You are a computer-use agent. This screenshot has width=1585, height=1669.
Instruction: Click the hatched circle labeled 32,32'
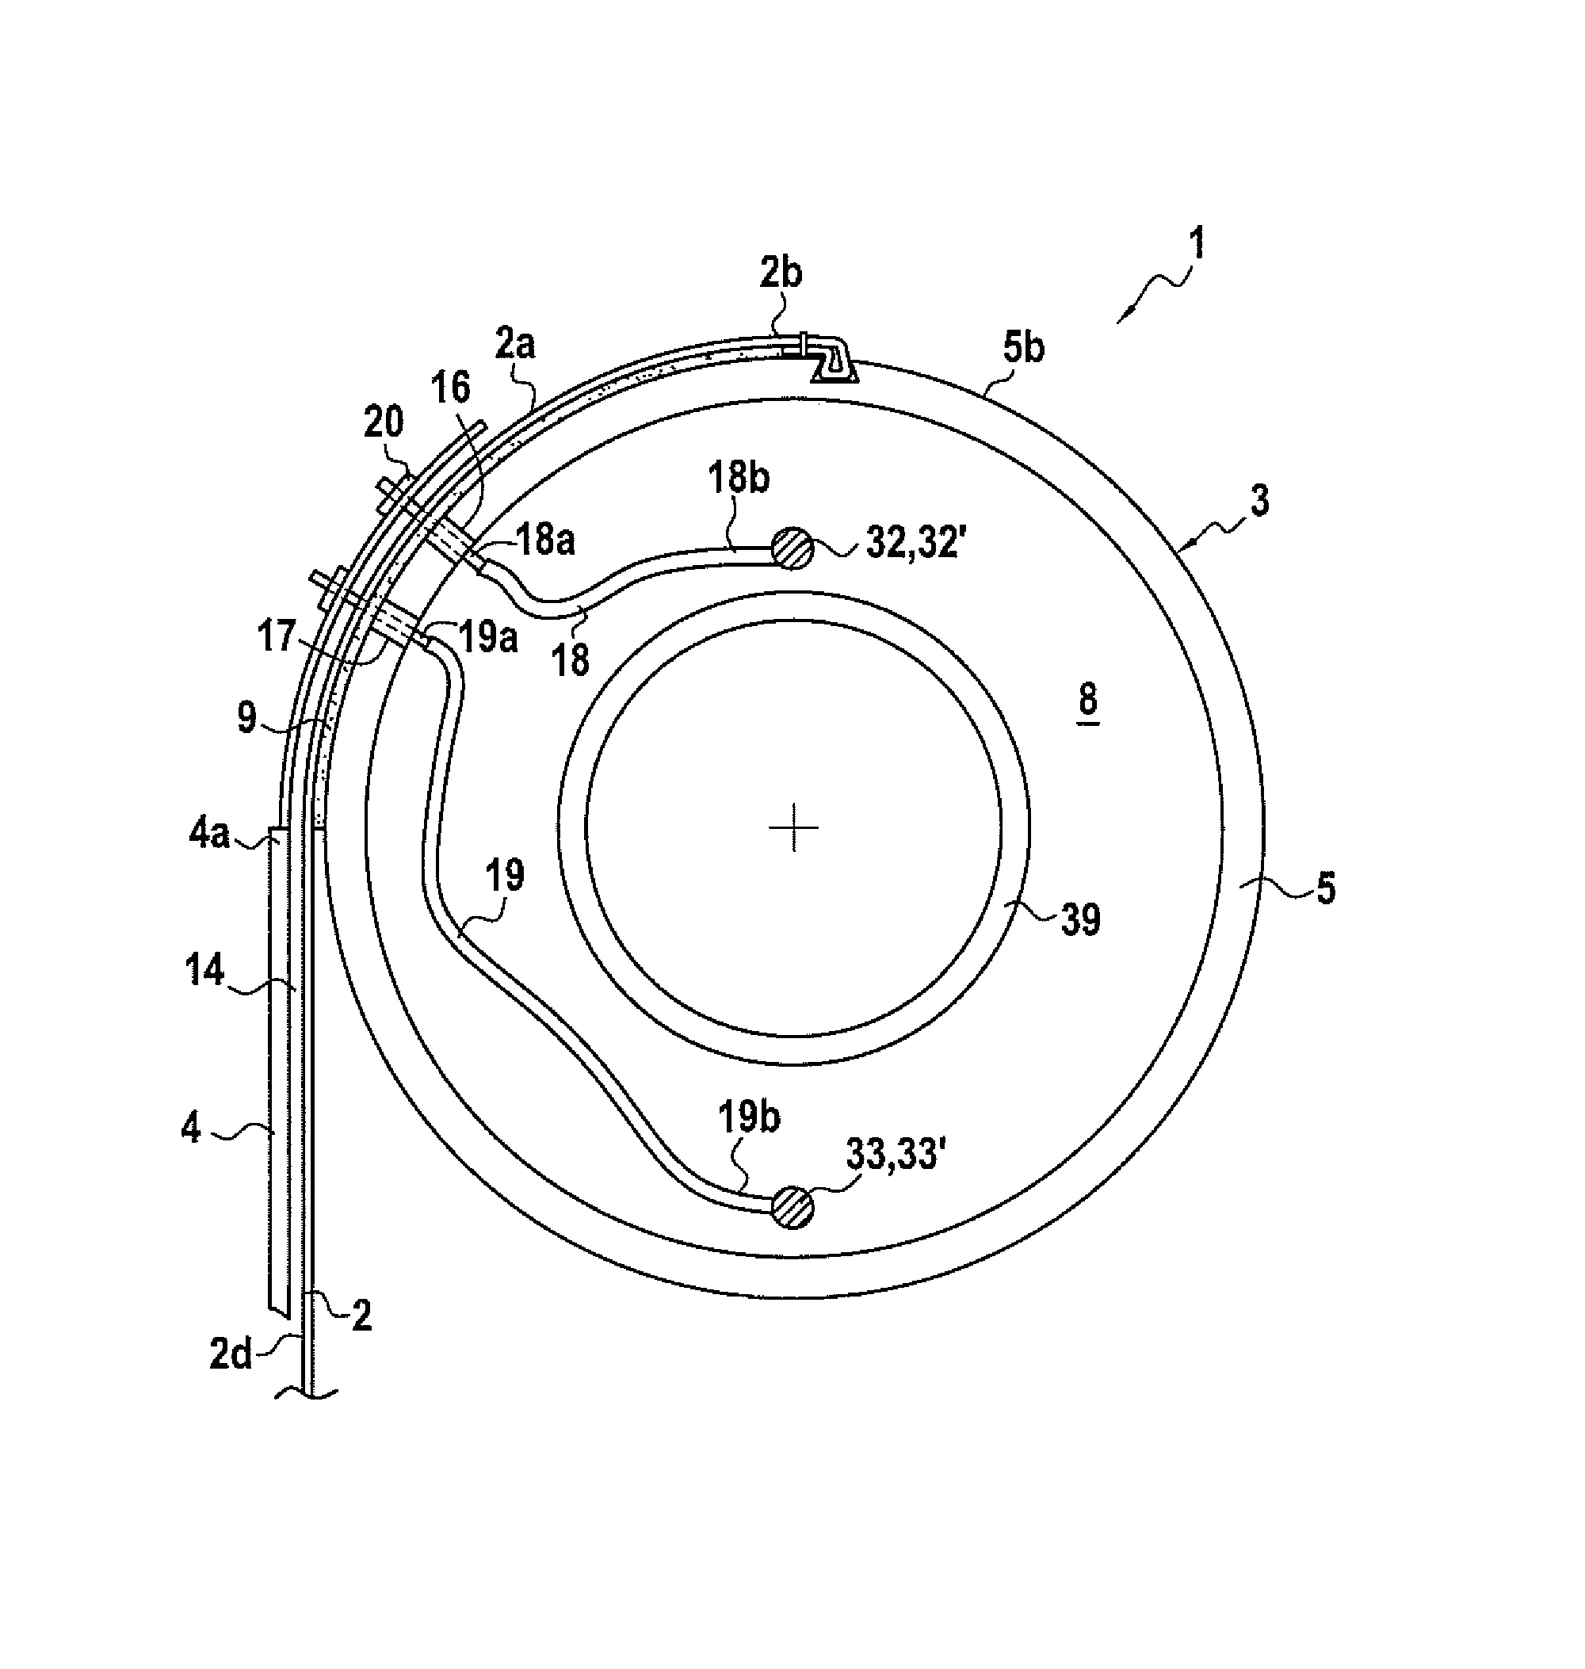[x=792, y=548]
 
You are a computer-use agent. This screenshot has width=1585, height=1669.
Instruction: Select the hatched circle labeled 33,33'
[x=792, y=1207]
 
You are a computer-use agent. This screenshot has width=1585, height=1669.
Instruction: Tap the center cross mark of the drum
[x=794, y=828]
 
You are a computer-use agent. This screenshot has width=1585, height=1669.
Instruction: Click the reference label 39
[x=1081, y=919]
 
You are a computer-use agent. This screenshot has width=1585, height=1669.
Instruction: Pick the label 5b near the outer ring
[x=1023, y=347]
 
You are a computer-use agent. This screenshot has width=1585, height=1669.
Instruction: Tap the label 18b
[x=739, y=479]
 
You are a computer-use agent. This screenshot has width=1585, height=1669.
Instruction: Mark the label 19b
[x=750, y=1117]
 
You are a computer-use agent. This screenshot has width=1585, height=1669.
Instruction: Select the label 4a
[x=208, y=836]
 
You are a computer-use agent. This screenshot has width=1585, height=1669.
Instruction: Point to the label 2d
[x=231, y=1355]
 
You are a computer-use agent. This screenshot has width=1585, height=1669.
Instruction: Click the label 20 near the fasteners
[x=384, y=422]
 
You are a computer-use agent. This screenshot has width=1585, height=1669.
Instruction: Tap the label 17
[x=277, y=636]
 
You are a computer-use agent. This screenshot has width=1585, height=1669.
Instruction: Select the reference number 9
[x=246, y=718]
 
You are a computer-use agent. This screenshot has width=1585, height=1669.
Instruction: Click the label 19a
[x=488, y=636]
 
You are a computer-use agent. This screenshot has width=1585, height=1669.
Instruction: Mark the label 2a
[x=515, y=346]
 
